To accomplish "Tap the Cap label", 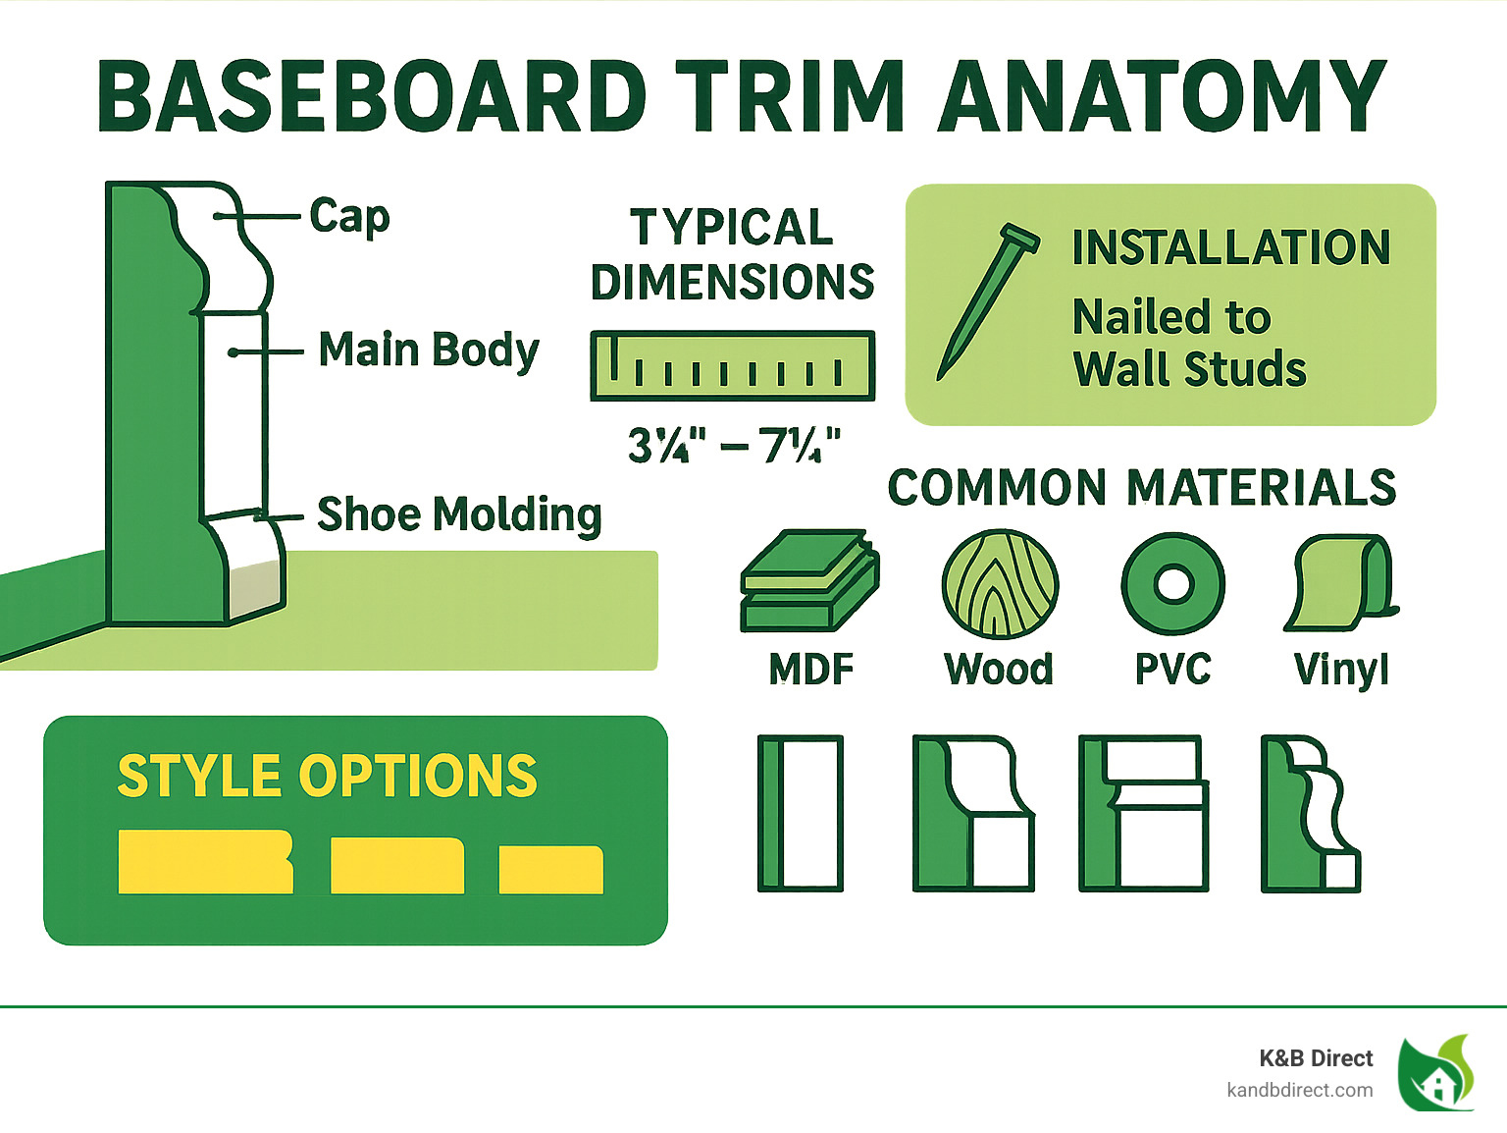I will point(349,216).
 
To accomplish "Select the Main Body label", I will point(429,351).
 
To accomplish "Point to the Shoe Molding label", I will point(458,514).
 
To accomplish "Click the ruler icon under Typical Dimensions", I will point(732,366).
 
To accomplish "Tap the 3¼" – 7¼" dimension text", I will point(734,446).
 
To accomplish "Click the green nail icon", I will point(986,299).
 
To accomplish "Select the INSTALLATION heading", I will point(1230,247).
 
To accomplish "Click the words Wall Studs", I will point(1189,369).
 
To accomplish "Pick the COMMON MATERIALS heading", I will point(1141,488).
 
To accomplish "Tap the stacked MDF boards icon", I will point(809,581).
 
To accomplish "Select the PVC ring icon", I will point(1172,584).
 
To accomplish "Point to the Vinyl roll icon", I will point(1341,583).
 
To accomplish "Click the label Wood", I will point(999,670).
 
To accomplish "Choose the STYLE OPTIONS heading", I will point(327,777).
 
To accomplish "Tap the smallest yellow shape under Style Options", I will point(550,870).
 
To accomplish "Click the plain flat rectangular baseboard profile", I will point(801,813).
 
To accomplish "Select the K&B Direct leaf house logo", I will point(1436,1073).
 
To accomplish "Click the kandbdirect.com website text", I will point(1299,1090).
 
